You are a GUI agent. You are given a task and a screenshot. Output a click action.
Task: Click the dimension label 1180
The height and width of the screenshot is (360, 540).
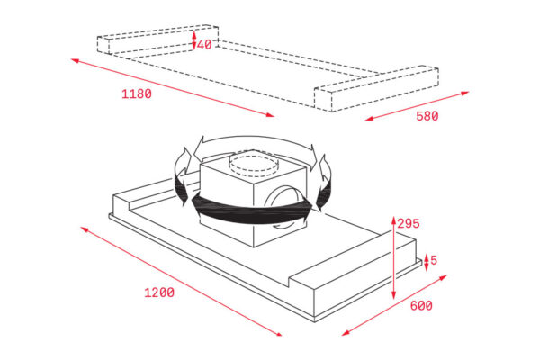click(x=137, y=94)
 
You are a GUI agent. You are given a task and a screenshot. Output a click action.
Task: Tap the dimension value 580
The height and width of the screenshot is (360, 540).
click(x=427, y=116)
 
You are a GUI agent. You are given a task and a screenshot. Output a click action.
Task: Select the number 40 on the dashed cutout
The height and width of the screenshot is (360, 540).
click(x=204, y=44)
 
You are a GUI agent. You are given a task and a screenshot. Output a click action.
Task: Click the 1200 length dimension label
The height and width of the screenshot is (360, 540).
click(x=159, y=292)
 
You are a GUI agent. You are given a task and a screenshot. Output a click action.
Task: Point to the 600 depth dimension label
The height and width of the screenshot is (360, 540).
click(x=421, y=306)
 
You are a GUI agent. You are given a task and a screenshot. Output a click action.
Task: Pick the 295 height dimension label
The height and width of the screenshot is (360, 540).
click(x=409, y=223)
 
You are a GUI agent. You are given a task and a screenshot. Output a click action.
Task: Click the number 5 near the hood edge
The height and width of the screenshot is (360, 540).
click(x=434, y=260)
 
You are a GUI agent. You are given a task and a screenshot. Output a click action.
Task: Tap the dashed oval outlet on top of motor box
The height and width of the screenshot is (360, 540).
click(x=254, y=165)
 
